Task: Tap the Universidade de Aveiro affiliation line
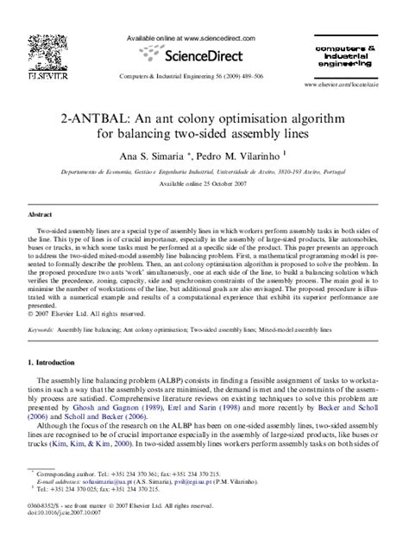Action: [204, 174]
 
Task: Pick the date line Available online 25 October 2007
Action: [204, 185]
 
